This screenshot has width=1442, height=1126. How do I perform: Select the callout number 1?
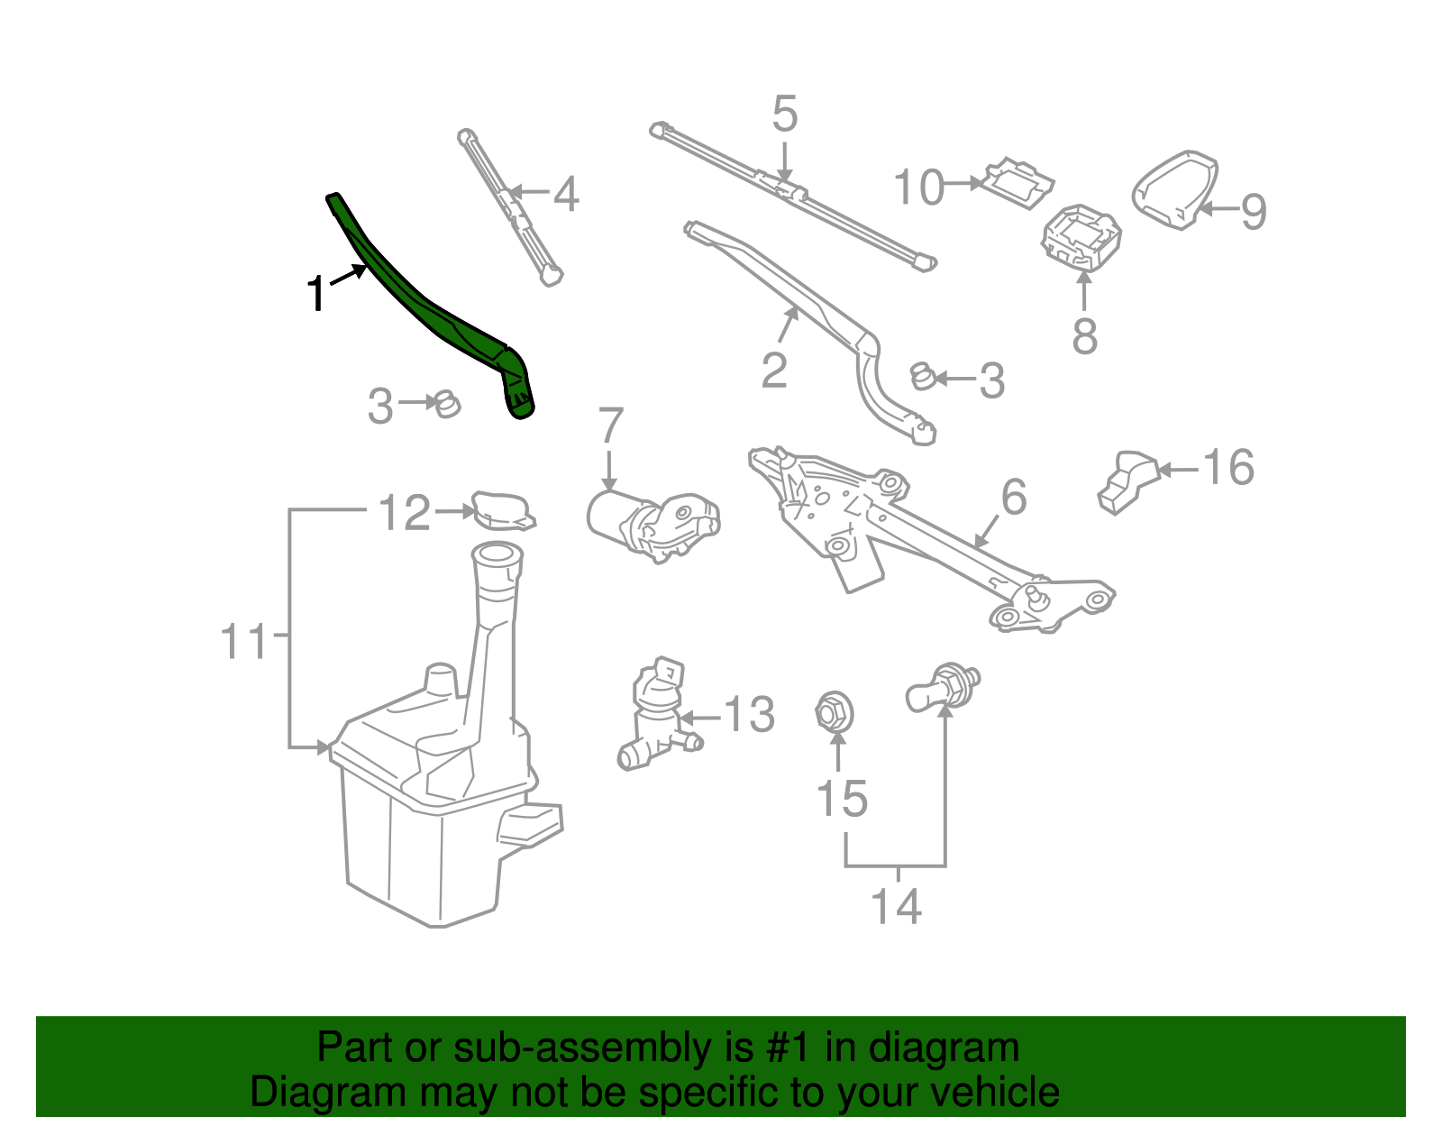(315, 294)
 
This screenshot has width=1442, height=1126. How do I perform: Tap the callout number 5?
(785, 114)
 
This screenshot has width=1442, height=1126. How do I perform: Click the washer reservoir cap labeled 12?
(504, 510)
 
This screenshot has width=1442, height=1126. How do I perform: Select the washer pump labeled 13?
(655, 717)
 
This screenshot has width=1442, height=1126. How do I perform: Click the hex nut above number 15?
(835, 711)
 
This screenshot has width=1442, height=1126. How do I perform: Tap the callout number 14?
(897, 906)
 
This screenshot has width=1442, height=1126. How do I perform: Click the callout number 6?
(1014, 498)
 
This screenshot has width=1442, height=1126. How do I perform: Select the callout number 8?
(1085, 335)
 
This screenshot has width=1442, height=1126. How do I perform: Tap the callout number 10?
(918, 188)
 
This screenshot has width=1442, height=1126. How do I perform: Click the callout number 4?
(565, 194)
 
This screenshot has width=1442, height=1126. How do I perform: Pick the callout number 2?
(774, 370)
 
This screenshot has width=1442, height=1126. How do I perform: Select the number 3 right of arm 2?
(991, 381)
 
